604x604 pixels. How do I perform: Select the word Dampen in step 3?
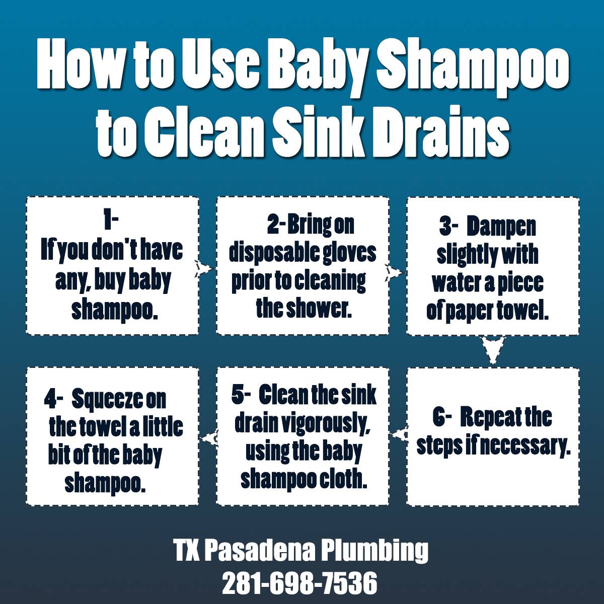[501, 227]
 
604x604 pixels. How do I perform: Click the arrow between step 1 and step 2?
[204, 268]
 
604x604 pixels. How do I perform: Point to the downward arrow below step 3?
[493, 350]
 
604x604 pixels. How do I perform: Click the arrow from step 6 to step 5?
[400, 434]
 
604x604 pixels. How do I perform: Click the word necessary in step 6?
[524, 445]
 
